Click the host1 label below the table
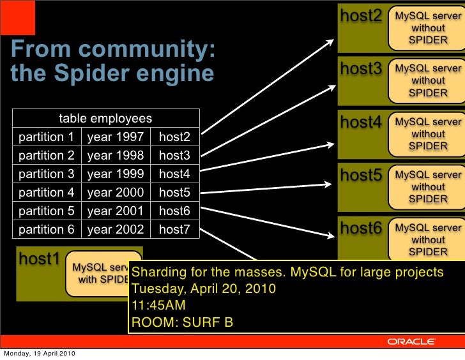coord(39,259)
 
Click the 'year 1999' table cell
coord(116,174)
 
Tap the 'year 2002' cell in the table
coord(116,229)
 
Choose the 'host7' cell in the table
coord(174,229)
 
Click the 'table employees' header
coord(105,119)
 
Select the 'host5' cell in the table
coord(174,192)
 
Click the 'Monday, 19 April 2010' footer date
coord(40,354)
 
